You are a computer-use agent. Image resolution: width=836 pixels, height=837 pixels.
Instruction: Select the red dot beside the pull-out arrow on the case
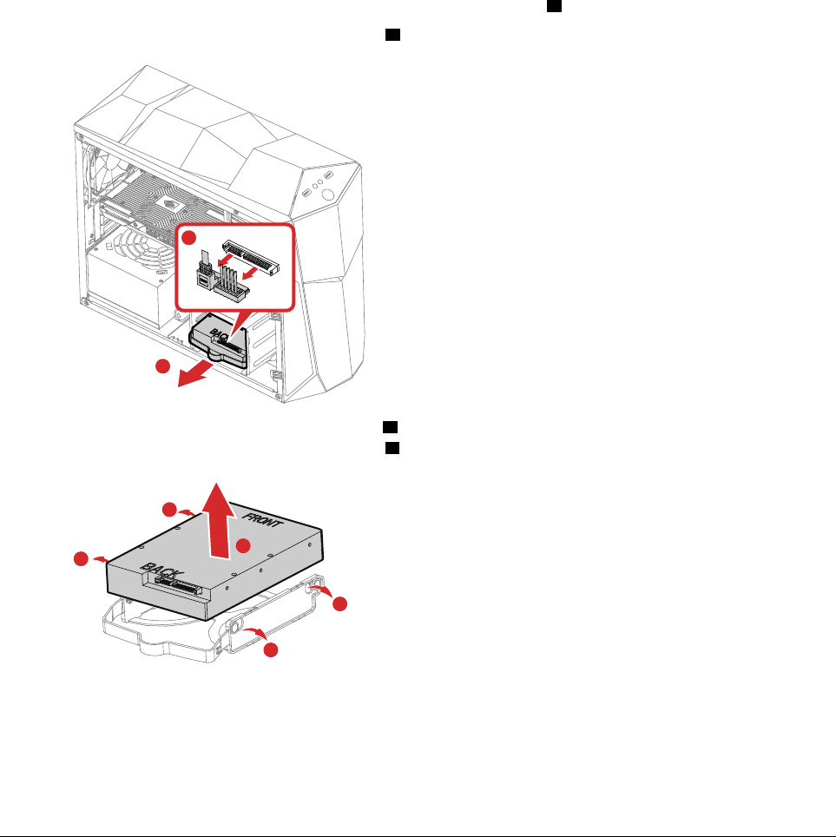(161, 367)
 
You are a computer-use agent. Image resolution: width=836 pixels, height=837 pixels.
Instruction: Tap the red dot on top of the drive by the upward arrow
(244, 545)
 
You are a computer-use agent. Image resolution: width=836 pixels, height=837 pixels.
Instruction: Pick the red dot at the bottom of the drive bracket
(271, 649)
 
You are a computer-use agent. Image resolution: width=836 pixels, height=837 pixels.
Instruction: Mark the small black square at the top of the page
(551, 6)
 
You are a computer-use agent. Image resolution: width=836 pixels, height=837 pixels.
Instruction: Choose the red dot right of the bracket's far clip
(339, 603)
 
